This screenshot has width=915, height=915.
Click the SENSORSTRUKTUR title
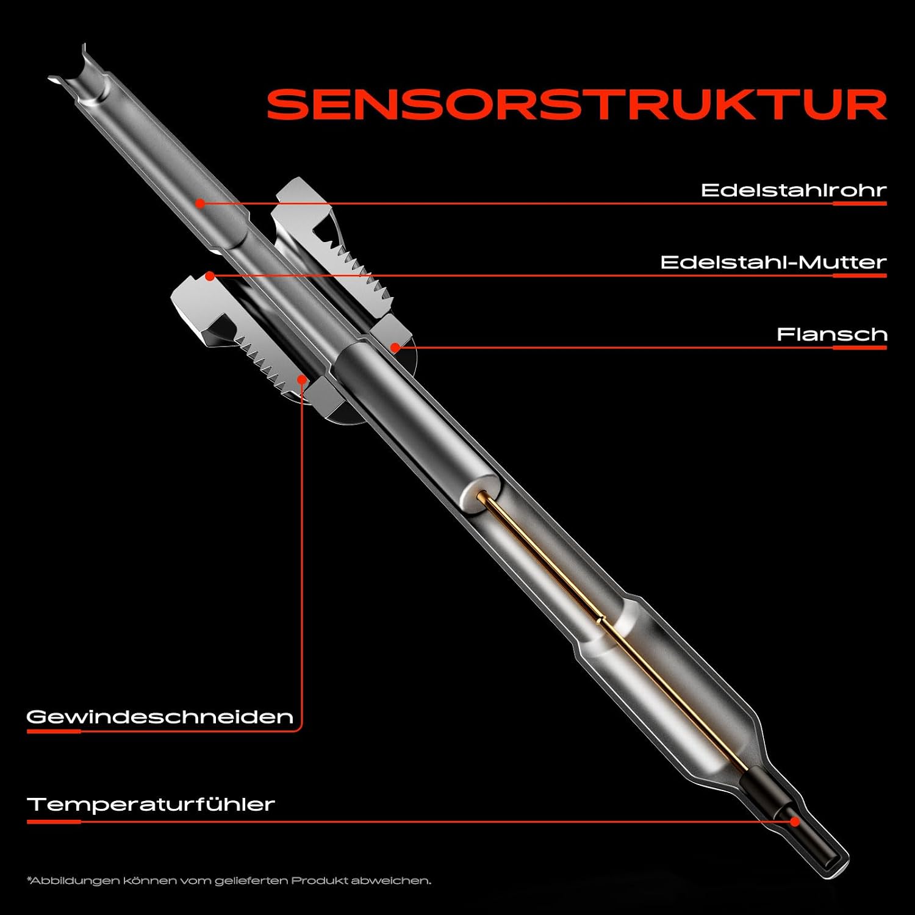pyautogui.click(x=576, y=104)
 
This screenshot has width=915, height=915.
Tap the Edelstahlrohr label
pyautogui.click(x=794, y=190)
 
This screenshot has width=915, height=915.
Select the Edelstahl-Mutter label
pyautogui.click(x=773, y=262)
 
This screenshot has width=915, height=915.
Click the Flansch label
pyautogui.click(x=831, y=334)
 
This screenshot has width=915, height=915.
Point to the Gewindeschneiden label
pyautogui.click(x=160, y=716)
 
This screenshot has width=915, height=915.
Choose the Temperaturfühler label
pyautogui.click(x=151, y=803)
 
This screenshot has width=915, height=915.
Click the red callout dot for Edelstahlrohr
pyautogui.click(x=200, y=203)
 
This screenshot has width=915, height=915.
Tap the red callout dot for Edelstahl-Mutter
pyautogui.click(x=209, y=276)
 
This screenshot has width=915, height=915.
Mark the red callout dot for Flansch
pyautogui.click(x=395, y=348)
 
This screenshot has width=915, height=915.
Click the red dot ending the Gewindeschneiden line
pyautogui.click(x=302, y=379)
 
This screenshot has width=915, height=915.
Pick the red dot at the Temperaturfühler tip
pyautogui.click(x=795, y=821)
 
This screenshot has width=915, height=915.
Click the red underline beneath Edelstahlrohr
pyautogui.click(x=860, y=203)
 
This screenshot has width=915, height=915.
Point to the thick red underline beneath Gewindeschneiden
pyautogui.click(x=54, y=731)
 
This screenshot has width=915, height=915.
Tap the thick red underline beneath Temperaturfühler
pyautogui.click(x=54, y=822)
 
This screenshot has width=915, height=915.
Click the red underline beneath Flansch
pyautogui.click(x=860, y=348)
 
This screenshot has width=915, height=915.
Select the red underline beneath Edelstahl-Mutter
pyautogui.click(x=860, y=276)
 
